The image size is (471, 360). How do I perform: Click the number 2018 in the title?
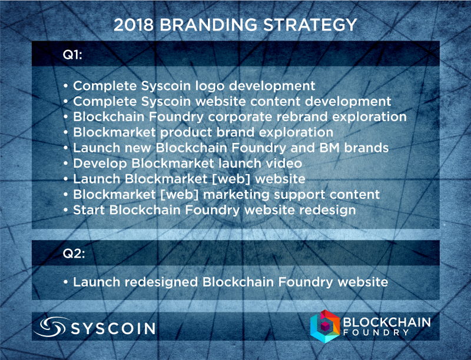[134, 25]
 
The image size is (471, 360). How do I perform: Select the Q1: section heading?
[72, 55]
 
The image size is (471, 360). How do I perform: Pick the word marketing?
[236, 195]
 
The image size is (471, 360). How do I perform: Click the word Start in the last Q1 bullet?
[89, 210]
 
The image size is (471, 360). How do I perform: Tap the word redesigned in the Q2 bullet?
[161, 282]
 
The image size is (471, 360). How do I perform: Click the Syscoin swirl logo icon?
[50, 326]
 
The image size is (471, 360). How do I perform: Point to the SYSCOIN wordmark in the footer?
[113, 328]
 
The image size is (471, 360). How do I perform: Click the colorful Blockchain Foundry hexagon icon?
[325, 326]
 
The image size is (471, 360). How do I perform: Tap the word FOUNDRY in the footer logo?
[376, 332]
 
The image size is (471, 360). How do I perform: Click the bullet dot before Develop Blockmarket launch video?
[66, 164]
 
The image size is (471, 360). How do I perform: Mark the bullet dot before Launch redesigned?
[66, 282]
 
